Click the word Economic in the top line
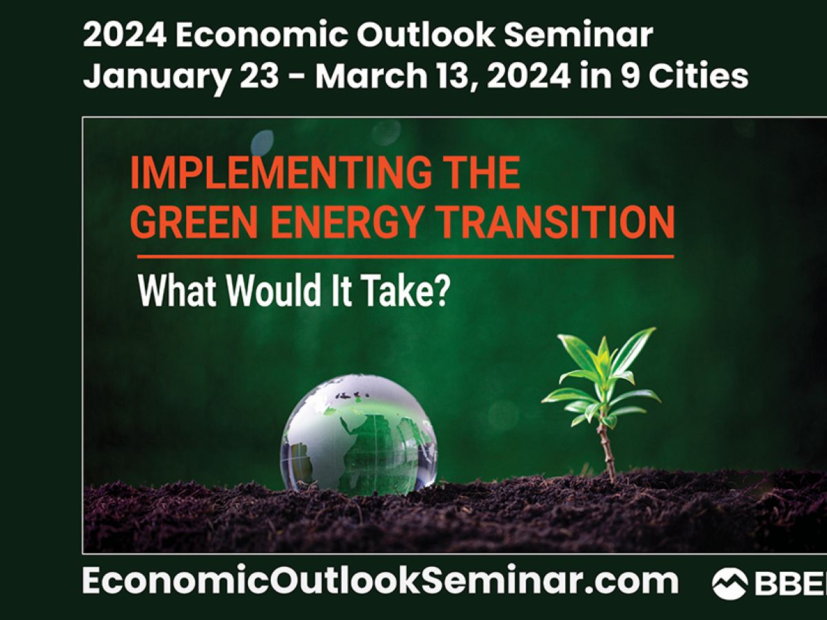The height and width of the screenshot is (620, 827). click(261, 35)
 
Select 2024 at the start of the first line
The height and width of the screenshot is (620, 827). click(124, 35)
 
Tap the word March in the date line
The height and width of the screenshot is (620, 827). click(371, 76)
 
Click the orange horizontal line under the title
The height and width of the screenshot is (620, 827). click(406, 257)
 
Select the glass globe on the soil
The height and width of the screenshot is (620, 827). click(359, 434)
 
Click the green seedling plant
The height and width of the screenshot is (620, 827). click(602, 403)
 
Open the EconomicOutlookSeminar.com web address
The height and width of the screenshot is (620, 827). click(380, 581)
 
